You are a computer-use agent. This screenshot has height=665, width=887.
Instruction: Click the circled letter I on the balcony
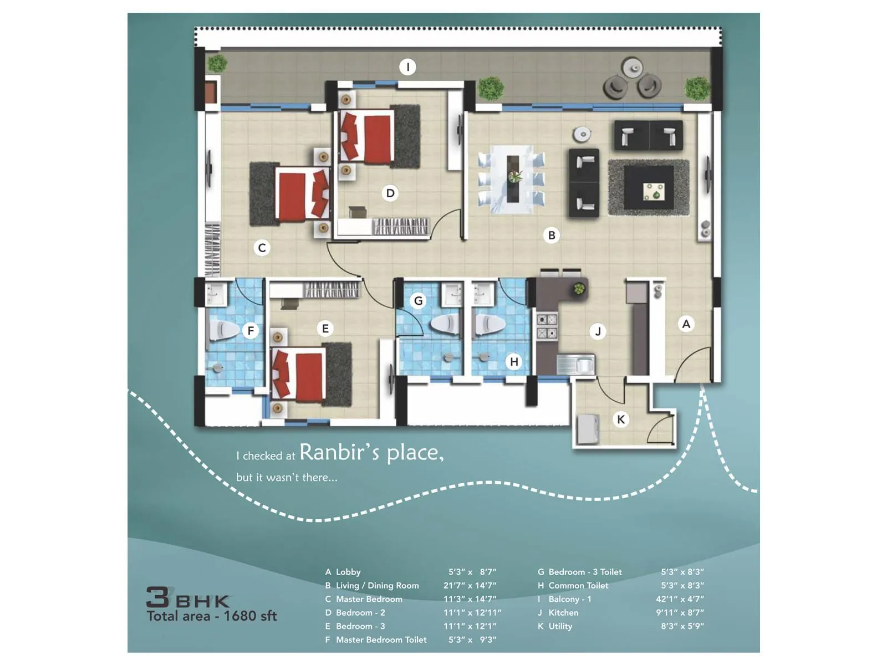click(x=408, y=67)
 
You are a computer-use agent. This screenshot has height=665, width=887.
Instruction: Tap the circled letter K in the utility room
click(x=621, y=420)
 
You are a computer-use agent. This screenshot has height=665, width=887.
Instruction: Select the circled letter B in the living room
click(x=552, y=236)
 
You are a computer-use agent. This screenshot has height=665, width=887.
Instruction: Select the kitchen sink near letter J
click(x=577, y=365)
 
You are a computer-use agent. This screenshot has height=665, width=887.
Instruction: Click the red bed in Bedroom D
click(x=368, y=137)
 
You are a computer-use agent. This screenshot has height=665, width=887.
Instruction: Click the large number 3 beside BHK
click(x=158, y=597)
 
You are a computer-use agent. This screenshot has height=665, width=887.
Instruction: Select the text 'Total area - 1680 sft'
click(x=212, y=616)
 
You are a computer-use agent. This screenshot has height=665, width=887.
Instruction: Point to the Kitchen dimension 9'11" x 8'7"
click(x=680, y=613)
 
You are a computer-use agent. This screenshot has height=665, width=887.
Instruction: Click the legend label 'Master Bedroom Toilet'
click(x=381, y=640)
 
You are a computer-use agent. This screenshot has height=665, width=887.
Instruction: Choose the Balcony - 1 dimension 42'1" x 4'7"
click(x=680, y=599)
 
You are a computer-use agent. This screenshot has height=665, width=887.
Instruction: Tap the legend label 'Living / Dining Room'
click(x=377, y=586)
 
